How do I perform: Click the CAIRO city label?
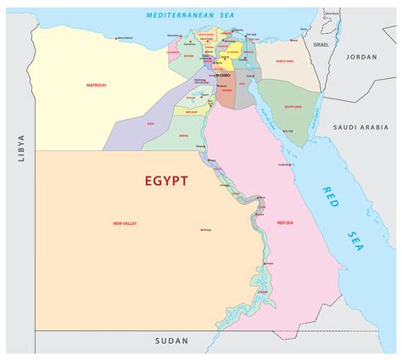(225, 75)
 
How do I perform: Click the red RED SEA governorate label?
(287, 222)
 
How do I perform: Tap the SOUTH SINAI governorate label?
(293, 106)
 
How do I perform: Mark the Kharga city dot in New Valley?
(200, 229)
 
